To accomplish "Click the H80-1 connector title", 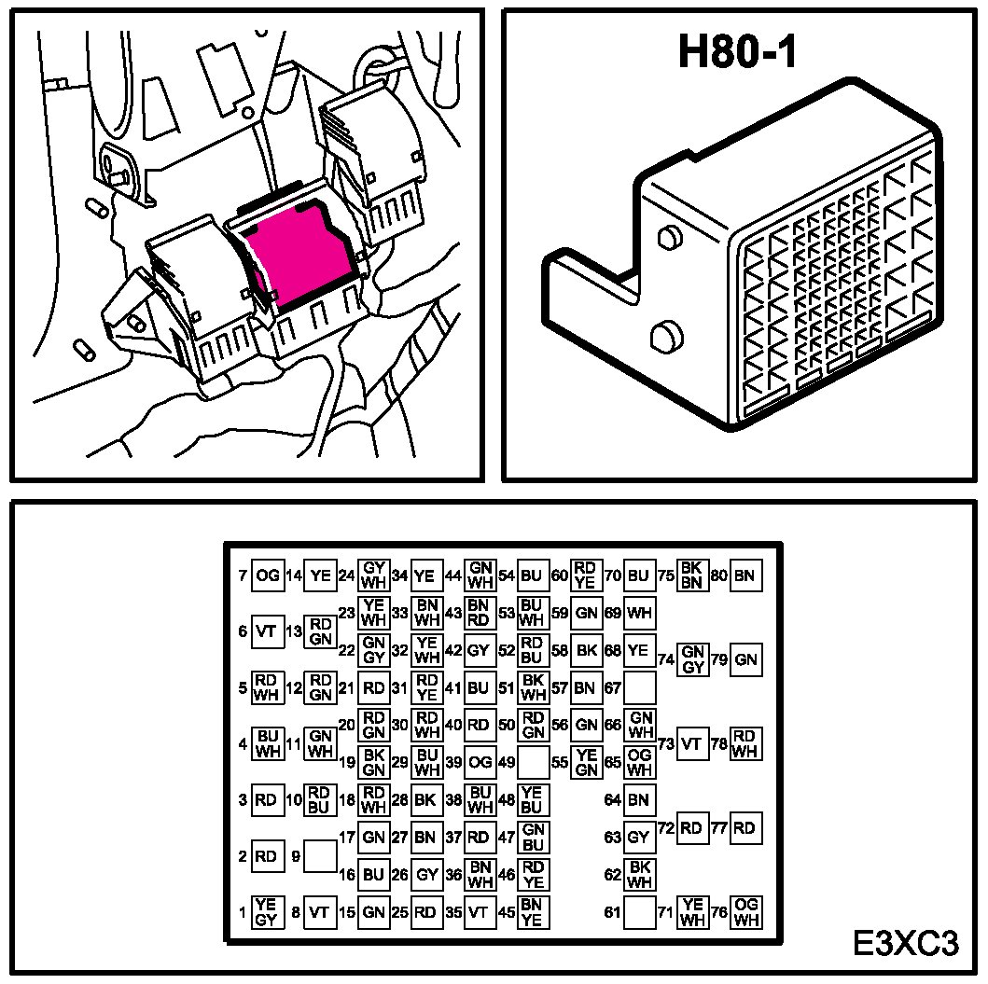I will (x=737, y=52).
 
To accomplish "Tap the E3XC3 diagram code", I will (x=906, y=943).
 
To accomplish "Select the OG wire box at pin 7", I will (x=268, y=575).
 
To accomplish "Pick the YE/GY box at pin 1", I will (x=267, y=912).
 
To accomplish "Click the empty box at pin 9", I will (x=320, y=855).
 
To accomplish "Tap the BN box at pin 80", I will (x=744, y=575).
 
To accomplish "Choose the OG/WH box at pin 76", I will (x=744, y=912).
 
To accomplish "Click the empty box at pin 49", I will (x=532, y=762).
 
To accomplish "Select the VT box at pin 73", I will (x=691, y=743).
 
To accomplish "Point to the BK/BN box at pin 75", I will (x=691, y=575).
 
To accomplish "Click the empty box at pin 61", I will (x=639, y=912).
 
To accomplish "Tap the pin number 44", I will (x=453, y=575).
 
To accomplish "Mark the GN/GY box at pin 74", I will (x=692, y=659).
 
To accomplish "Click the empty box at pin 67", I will (x=639, y=688).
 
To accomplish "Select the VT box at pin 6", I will (x=267, y=631).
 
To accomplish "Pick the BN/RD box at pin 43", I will (x=479, y=613).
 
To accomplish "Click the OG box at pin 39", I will (x=480, y=762).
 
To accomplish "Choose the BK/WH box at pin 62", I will (x=639, y=874).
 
